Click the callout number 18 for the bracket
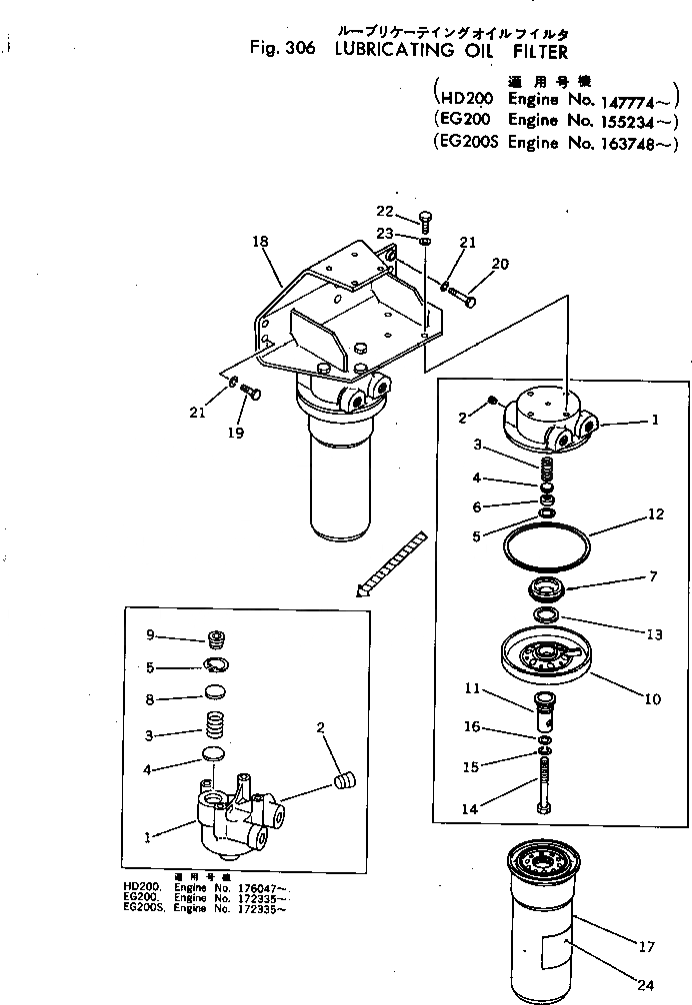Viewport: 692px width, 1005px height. click(x=262, y=241)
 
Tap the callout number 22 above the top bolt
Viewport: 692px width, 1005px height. click(x=385, y=211)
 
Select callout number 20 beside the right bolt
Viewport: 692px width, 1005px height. click(x=500, y=264)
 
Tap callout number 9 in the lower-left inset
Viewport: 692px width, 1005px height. click(x=150, y=634)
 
